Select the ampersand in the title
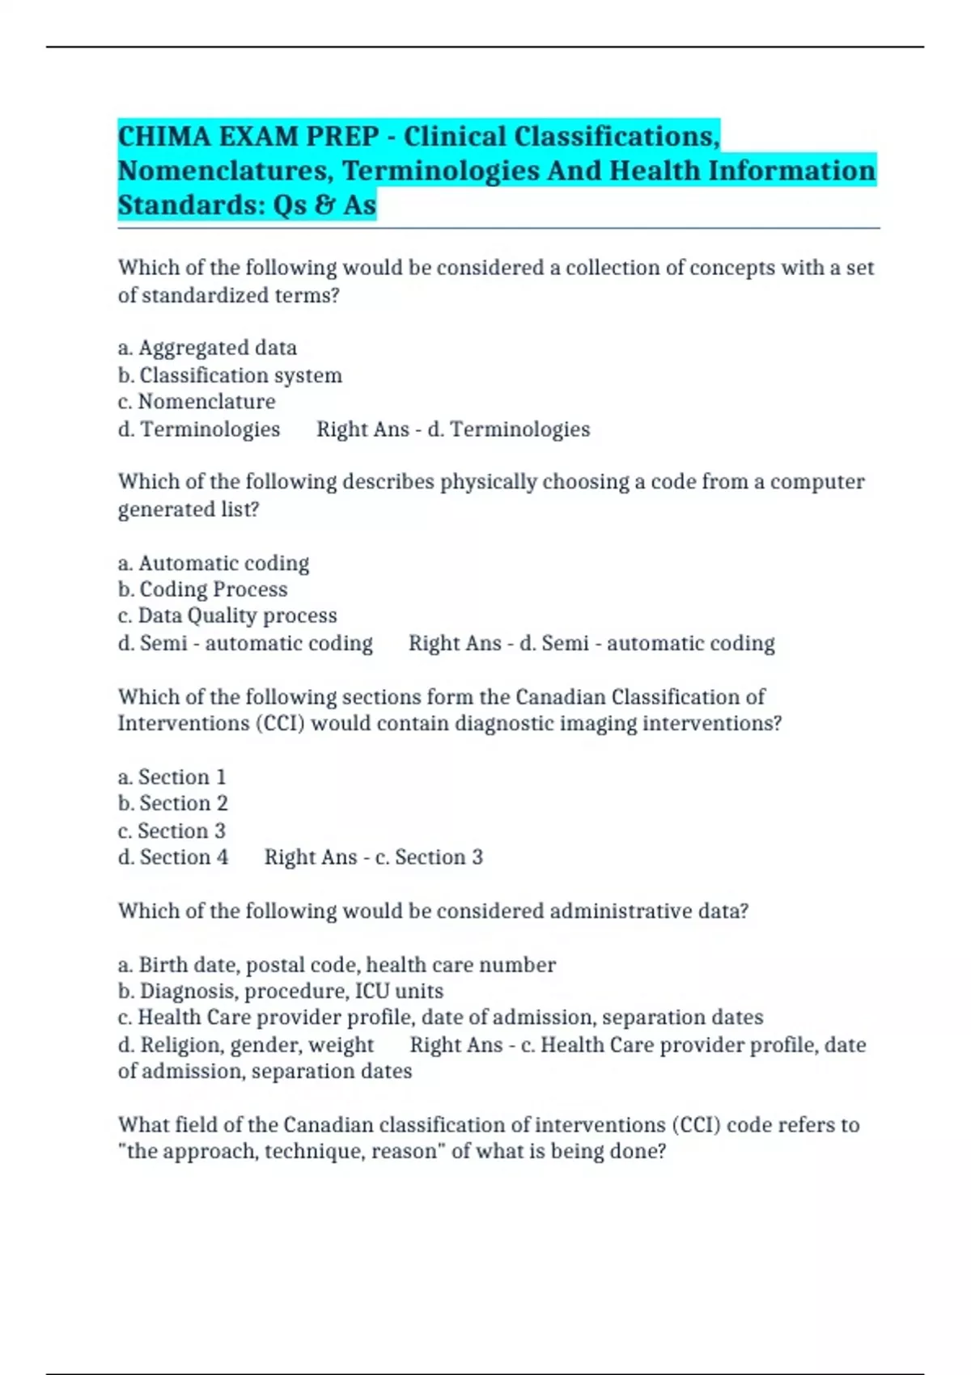click(324, 205)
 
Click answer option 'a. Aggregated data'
click(207, 348)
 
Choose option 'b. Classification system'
click(230, 375)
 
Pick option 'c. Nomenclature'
click(197, 402)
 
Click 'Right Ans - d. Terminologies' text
click(453, 429)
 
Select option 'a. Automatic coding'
click(214, 563)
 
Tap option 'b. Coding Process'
click(202, 590)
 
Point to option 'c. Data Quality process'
click(227, 616)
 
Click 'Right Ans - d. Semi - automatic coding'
click(592, 644)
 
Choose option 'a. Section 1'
click(172, 777)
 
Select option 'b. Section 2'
click(172, 804)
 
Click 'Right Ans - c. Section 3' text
click(373, 857)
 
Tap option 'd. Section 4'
click(173, 857)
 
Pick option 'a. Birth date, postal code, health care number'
click(337, 965)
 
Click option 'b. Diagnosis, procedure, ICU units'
click(281, 992)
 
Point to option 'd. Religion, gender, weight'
click(246, 1045)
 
